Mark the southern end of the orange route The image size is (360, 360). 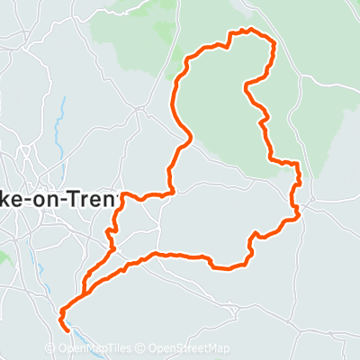click(68, 328)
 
